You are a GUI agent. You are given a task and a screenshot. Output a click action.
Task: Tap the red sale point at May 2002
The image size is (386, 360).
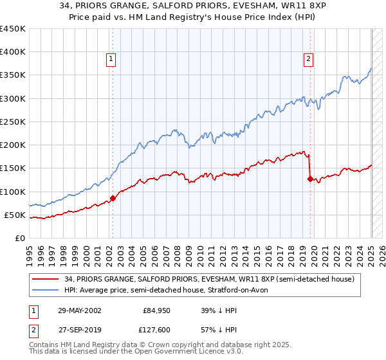(x=113, y=198)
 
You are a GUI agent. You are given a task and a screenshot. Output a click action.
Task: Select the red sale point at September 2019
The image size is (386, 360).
(x=310, y=179)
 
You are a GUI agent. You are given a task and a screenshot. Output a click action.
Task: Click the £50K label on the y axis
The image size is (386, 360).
(x=15, y=215)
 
